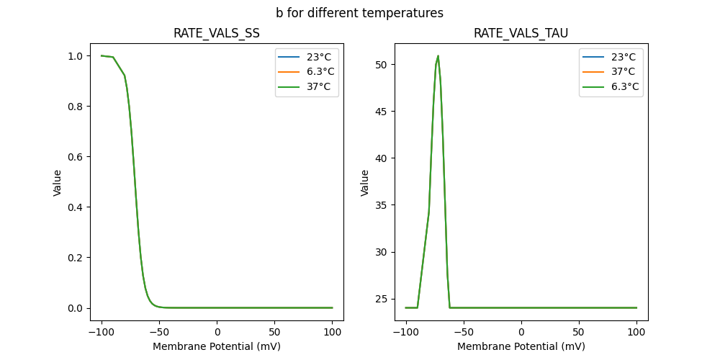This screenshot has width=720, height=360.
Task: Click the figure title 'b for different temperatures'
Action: coord(359,13)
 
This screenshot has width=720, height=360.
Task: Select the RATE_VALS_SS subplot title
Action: coord(217,34)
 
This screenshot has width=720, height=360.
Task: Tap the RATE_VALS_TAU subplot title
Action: coord(521,34)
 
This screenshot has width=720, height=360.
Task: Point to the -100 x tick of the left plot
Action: coord(102,331)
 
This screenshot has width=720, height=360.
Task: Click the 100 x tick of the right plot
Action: coord(636,331)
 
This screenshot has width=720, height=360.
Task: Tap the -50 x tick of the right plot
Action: coord(464,331)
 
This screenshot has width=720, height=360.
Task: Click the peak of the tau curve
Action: coord(438,56)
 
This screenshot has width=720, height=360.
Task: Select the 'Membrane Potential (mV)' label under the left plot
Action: coord(217,346)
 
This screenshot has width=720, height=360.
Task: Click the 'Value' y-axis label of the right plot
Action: coord(365,183)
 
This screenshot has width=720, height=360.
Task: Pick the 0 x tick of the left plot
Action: coord(217,331)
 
